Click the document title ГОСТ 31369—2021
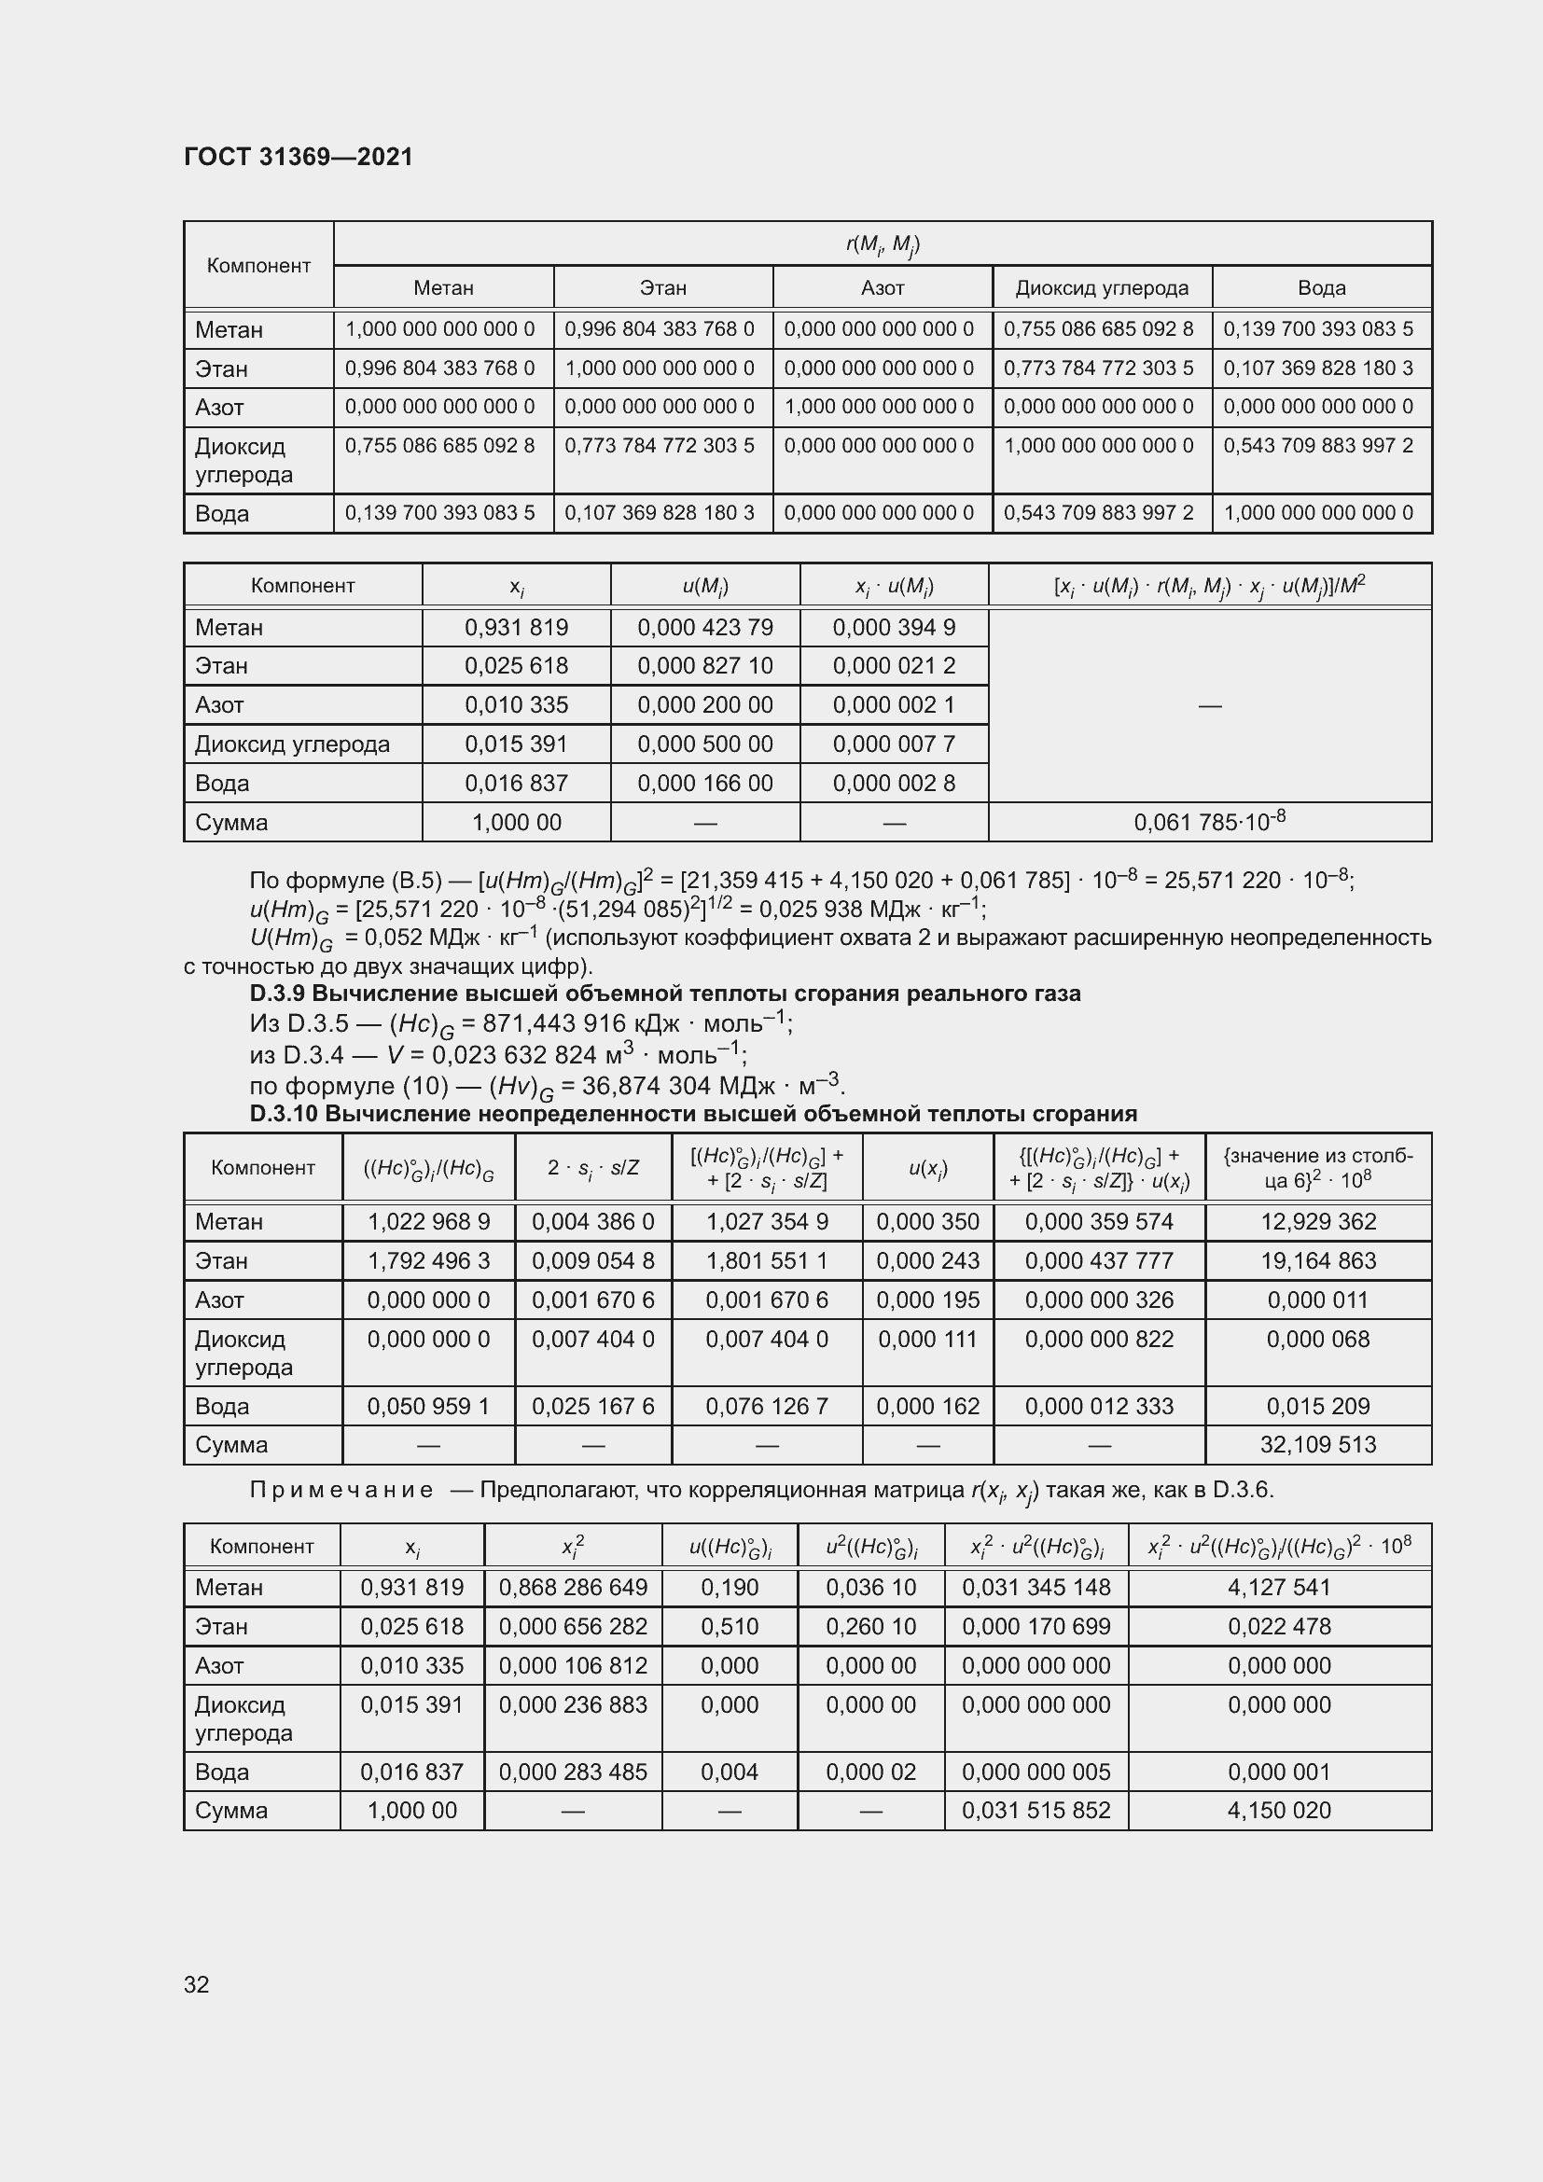tap(299, 157)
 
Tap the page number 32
tap(197, 1984)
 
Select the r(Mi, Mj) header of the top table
tap(882, 244)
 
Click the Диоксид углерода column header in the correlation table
tap(1101, 288)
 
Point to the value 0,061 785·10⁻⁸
tap(1210, 822)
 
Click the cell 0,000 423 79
tap(705, 627)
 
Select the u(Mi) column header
tap(705, 587)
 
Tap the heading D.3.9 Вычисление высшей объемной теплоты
tap(664, 994)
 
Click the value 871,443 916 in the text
tap(542, 1023)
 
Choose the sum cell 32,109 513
tap(1318, 1444)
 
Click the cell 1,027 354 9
tap(767, 1222)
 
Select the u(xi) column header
tap(927, 1169)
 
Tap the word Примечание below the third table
tap(341, 1490)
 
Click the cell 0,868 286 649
tap(573, 1588)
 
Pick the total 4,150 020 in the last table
tap(1279, 1811)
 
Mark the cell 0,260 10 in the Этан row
tap(870, 1627)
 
